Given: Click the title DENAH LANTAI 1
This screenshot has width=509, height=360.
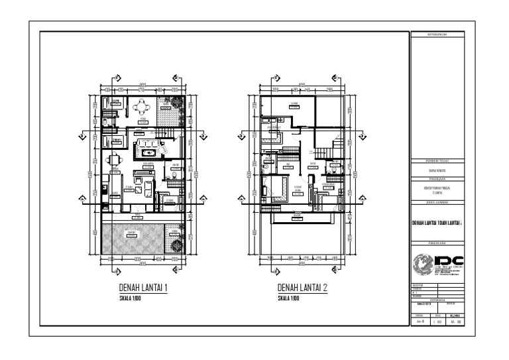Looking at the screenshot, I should pos(142,288).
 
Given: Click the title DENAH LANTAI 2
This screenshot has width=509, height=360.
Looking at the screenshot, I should pos(302,288).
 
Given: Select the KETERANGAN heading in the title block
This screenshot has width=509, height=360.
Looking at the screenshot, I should pos(437,33).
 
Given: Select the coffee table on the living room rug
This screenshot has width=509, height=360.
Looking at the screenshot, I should pos(149,152).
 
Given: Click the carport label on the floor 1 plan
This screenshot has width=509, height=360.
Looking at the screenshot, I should pos(132,233).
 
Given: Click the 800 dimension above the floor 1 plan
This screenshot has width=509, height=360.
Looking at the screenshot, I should pos(142,84).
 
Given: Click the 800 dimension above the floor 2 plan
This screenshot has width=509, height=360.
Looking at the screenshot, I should pos(302,84).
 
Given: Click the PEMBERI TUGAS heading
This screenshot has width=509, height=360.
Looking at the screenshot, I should pos(437,161).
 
